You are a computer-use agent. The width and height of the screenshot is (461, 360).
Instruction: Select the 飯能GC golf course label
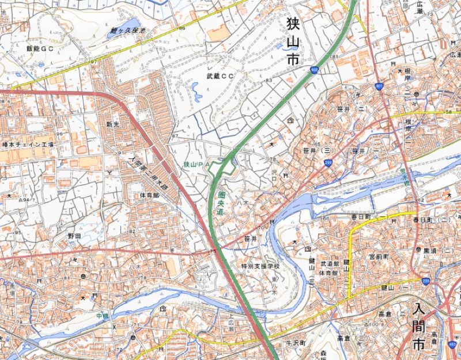[x=39, y=50]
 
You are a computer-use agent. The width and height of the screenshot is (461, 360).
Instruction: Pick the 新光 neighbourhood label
[x=112, y=124]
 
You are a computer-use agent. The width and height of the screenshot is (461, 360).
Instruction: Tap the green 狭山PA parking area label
[x=195, y=165]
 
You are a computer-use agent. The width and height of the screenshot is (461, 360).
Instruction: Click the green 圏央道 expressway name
[x=221, y=203]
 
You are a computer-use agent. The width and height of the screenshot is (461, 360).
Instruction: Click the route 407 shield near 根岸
[x=378, y=86]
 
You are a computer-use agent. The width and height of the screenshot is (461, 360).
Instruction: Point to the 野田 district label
[x=74, y=236]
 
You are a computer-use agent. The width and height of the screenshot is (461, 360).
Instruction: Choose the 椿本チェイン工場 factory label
[x=28, y=145]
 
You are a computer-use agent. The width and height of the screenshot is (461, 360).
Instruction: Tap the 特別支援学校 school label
[x=260, y=266]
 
